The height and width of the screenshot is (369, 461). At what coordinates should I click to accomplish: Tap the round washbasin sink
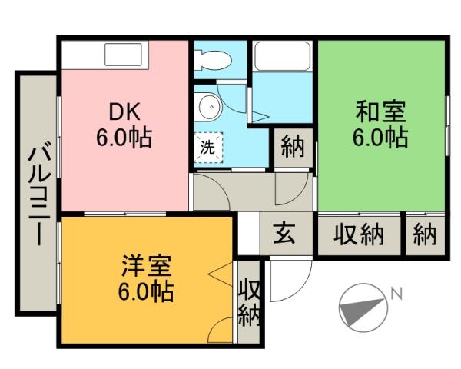pyautogui.click(x=206, y=107)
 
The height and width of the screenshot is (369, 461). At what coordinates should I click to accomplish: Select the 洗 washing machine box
pyautogui.click(x=208, y=146)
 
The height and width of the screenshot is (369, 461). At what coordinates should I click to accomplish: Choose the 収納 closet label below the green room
pyautogui.click(x=358, y=234)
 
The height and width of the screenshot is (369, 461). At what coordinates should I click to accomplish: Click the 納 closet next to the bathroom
pyautogui.click(x=293, y=146)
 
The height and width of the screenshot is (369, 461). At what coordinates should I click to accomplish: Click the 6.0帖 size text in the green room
pyautogui.click(x=380, y=138)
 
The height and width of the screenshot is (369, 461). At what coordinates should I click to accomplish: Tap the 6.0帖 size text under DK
pyautogui.click(x=124, y=138)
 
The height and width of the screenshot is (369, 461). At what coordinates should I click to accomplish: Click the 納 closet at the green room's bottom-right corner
pyautogui.click(x=424, y=234)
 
